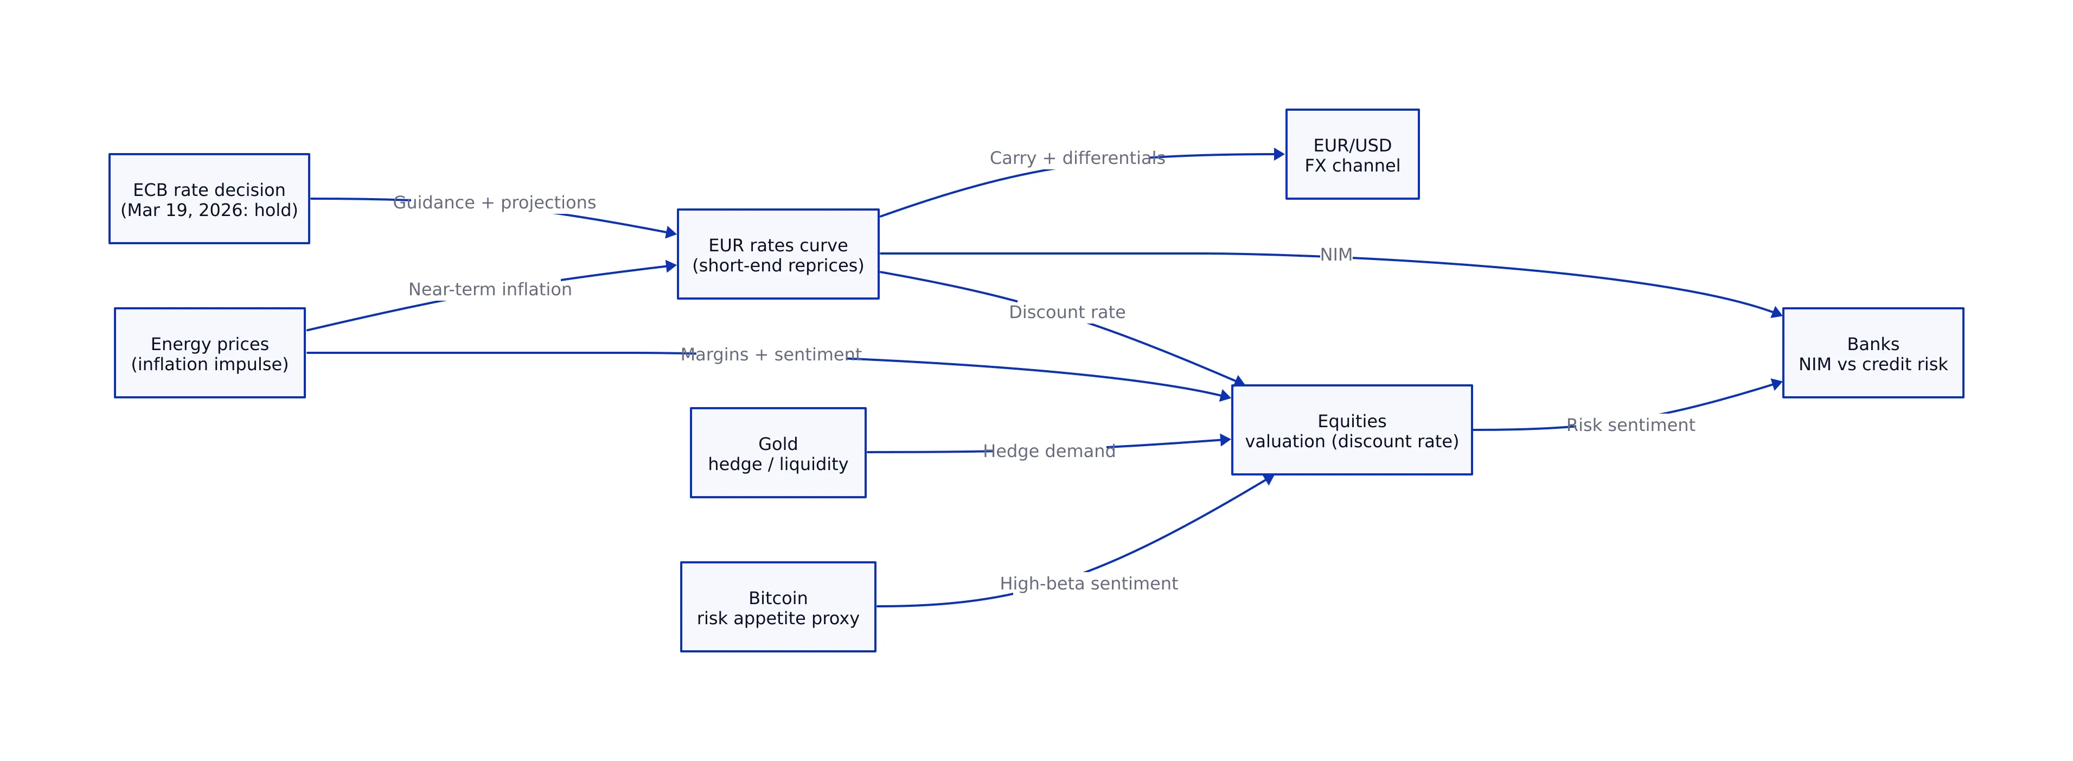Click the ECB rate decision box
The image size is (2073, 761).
click(x=209, y=199)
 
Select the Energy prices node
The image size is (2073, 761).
click(x=209, y=353)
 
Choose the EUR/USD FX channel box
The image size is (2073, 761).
click(x=1352, y=155)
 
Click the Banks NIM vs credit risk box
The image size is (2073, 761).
click(x=1873, y=353)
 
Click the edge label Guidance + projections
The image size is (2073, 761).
click(x=494, y=203)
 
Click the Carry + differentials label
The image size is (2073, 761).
click(x=1077, y=158)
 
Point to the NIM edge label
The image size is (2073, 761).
click(x=1336, y=255)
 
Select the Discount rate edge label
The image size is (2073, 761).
click(x=1066, y=313)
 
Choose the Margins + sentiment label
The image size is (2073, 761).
click(x=770, y=354)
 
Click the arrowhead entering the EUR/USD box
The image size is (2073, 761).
click(x=1279, y=154)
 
